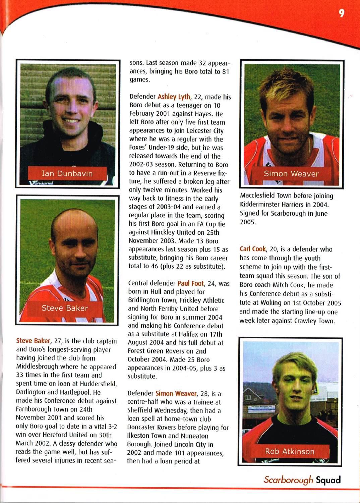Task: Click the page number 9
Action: point(341,13)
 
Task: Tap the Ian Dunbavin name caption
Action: point(67,173)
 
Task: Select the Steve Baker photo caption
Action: point(65,308)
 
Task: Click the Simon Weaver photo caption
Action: point(291,174)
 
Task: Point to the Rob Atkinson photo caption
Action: point(290,451)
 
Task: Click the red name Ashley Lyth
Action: point(174,97)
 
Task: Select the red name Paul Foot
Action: point(190,283)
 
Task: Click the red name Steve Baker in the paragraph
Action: point(33,341)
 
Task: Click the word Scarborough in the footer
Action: point(288,480)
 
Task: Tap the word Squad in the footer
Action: point(328,480)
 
